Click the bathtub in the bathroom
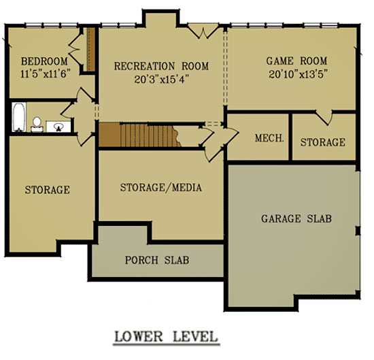19,117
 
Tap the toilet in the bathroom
37,125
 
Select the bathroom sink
58,127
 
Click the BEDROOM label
44,61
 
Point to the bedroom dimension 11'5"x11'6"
45,73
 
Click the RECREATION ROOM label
161,66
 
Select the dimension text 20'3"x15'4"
161,79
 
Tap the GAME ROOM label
296,61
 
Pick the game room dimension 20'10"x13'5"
297,74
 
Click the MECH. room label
269,138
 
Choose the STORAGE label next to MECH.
323,142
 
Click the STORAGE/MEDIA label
161,187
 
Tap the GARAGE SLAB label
296,218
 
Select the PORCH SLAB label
157,260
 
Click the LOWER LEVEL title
167,337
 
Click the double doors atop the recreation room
203,31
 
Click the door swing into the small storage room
324,118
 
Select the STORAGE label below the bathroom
48,190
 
